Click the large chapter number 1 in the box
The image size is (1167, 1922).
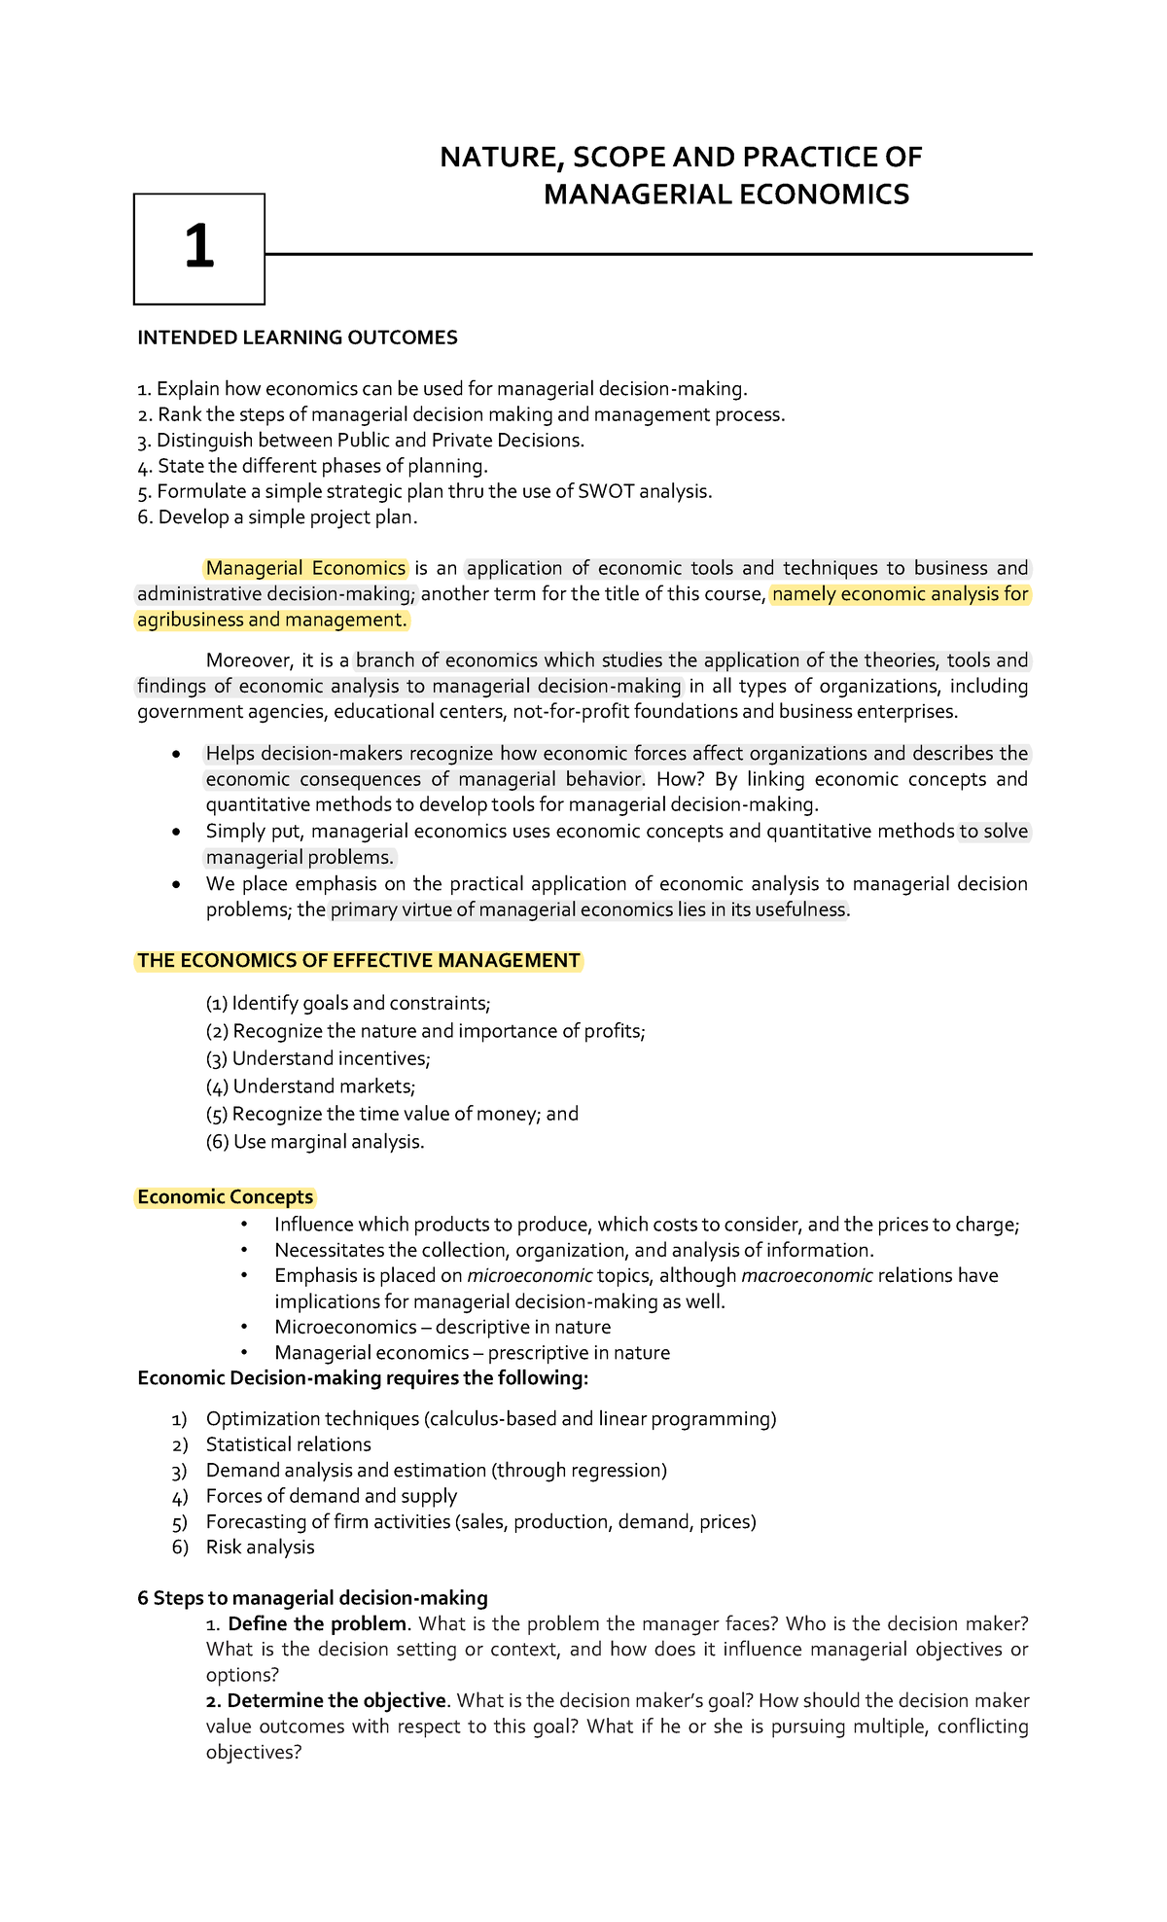(199, 247)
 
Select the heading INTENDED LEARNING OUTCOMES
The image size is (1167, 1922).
(297, 338)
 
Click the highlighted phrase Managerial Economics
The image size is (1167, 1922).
(305, 568)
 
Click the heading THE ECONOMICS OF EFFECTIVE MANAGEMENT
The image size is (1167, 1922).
(358, 961)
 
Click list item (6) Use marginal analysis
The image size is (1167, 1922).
(315, 1141)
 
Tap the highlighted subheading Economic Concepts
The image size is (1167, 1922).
(225, 1197)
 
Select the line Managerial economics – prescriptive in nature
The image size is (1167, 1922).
(472, 1352)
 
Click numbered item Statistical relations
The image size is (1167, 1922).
(288, 1444)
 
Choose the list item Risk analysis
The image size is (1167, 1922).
(260, 1547)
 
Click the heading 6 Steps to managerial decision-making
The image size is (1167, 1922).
(312, 1598)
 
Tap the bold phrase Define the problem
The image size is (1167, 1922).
(317, 1623)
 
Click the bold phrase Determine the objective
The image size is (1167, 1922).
(336, 1700)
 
